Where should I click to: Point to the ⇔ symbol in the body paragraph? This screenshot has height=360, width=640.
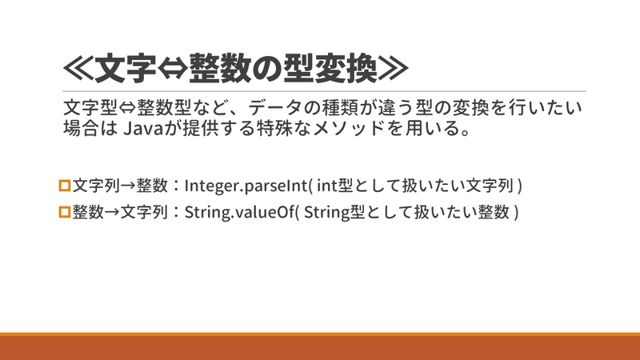point(126,107)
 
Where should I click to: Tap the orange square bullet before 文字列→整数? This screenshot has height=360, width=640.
point(66,186)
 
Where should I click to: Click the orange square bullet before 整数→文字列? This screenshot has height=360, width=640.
point(66,213)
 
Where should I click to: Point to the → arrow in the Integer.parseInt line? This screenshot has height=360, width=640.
point(127,186)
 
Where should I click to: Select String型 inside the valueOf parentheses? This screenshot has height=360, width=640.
point(330,214)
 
